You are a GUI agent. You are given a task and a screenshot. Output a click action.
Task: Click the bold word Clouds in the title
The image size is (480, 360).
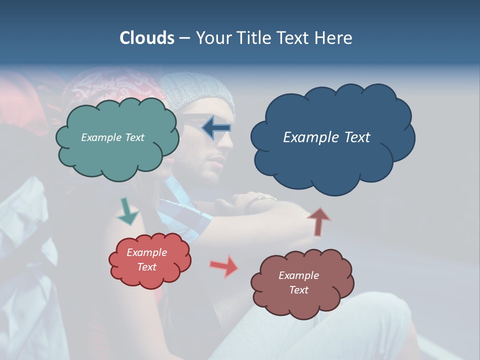tap(146, 38)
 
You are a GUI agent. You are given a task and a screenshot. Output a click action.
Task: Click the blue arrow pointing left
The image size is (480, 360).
tap(216, 128)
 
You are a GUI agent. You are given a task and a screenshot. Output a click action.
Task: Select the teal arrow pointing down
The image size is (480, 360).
tap(127, 212)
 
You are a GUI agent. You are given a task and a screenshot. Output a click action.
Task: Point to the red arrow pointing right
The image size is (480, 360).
tap(224, 266)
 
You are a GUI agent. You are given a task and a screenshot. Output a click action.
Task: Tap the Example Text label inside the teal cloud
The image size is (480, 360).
tap(112, 137)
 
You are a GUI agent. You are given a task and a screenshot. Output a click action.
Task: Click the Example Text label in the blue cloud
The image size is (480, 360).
tap(326, 137)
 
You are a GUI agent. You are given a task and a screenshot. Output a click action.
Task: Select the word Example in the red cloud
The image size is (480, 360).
tap(146, 252)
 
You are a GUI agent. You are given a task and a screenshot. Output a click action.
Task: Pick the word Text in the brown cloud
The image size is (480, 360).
tap(298, 290)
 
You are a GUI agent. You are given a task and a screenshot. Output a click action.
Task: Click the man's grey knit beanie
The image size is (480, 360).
tap(200, 90)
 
